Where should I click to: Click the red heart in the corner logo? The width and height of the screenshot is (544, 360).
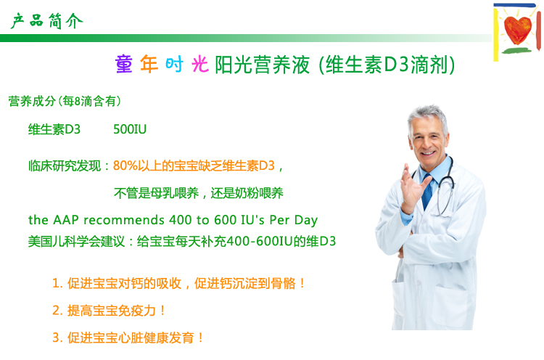517,30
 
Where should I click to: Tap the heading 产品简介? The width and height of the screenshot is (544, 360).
47,21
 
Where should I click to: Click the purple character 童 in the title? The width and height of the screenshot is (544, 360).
124,64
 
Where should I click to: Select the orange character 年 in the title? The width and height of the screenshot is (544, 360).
149,64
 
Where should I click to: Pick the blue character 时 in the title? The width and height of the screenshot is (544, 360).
174,64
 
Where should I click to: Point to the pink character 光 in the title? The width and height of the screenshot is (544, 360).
200,64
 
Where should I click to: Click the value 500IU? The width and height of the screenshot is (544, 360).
130,129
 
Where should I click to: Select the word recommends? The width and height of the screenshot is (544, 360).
124,220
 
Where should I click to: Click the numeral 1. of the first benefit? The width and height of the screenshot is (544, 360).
57,283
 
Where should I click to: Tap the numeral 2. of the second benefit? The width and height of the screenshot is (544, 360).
57,311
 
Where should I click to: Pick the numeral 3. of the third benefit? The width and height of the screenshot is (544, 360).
57,337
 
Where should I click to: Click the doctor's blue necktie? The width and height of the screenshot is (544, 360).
427,192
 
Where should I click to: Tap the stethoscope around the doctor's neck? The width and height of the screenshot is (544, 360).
447,187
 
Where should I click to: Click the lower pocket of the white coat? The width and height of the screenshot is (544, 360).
449,306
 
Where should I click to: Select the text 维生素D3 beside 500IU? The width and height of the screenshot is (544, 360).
54,129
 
